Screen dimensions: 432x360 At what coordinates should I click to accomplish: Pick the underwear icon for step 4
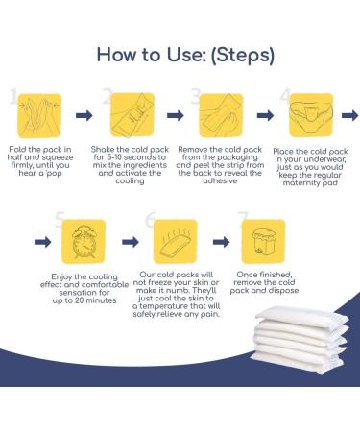(306, 114)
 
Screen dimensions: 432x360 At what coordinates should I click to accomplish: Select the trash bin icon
(260, 240)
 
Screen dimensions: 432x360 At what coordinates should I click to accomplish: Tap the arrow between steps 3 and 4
(260, 116)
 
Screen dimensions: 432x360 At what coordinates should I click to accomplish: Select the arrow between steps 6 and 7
(216, 242)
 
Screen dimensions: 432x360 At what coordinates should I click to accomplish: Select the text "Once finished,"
(260, 276)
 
